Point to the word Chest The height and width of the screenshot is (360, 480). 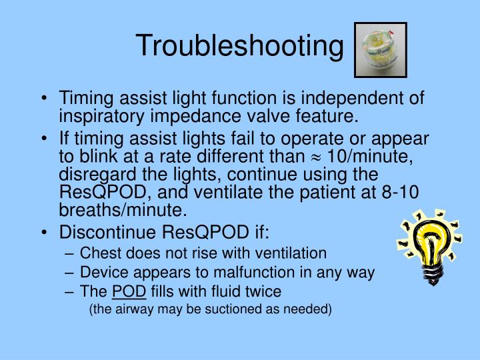[99, 253]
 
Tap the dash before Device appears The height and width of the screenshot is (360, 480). [71, 273]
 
